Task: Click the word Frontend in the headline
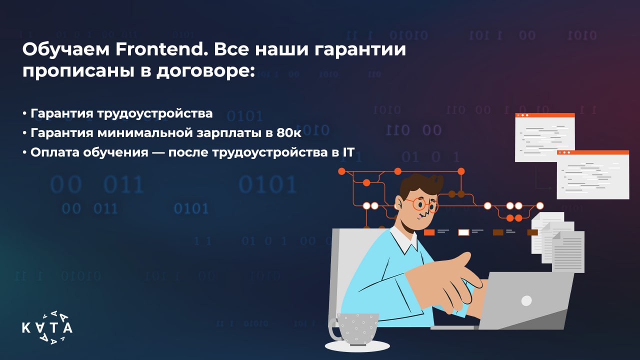click(161, 49)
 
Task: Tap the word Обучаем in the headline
click(66, 50)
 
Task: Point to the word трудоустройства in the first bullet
click(155, 113)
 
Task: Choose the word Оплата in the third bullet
click(54, 152)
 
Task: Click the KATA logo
click(47, 327)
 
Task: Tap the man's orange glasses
click(421, 204)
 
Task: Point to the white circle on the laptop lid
click(526, 300)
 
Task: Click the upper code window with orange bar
click(544, 137)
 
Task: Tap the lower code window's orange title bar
click(593, 152)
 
